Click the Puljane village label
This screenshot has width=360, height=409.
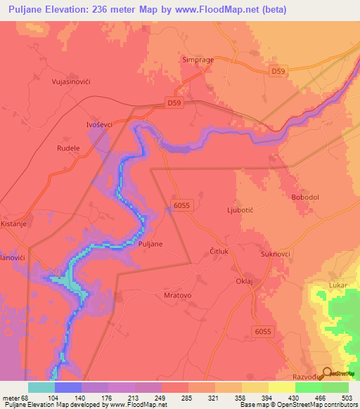point(151,244)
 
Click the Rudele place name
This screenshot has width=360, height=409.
point(68,149)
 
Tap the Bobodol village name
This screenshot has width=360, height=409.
point(305,197)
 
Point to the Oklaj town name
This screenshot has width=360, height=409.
point(243,280)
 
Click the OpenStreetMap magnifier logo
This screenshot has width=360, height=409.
point(326,375)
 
